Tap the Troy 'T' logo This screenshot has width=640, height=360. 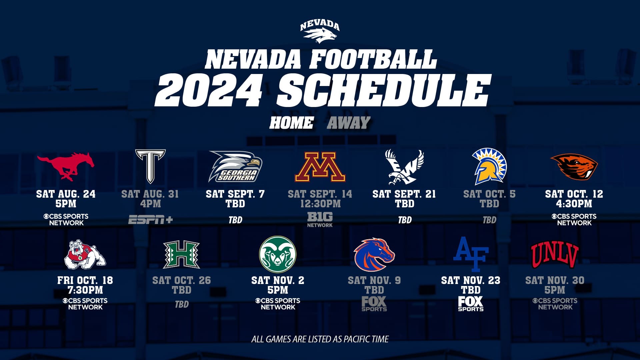[x=150, y=166]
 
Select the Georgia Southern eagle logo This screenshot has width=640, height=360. [x=236, y=166]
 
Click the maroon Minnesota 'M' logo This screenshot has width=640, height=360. [x=320, y=167]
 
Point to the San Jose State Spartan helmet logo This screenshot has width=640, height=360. [x=489, y=166]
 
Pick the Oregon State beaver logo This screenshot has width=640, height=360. [x=574, y=166]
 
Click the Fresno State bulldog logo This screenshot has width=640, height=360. [x=85, y=254]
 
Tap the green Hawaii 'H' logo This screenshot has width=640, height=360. [x=181, y=255]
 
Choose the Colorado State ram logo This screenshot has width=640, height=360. [x=278, y=254]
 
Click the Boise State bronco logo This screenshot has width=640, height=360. [x=374, y=254]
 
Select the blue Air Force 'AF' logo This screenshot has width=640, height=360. [x=471, y=254]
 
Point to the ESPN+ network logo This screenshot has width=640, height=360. [x=150, y=220]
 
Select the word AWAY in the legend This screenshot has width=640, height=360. [x=349, y=123]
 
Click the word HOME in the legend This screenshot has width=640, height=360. [x=291, y=123]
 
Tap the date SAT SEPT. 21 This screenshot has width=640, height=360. [x=404, y=194]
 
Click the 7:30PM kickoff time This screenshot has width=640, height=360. [x=85, y=290]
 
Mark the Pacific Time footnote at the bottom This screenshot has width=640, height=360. [x=320, y=339]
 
